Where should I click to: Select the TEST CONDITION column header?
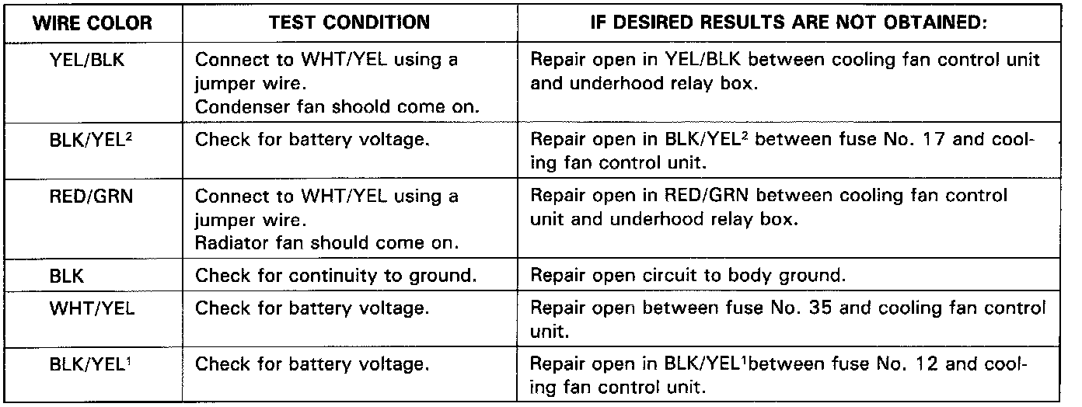coord(349,23)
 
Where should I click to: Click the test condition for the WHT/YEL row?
coord(312,309)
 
